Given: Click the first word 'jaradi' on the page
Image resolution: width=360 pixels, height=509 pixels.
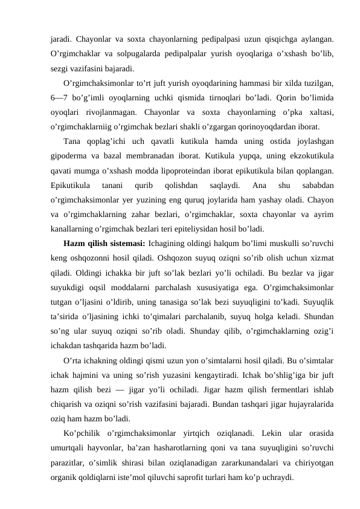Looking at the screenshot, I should (60, 39).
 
